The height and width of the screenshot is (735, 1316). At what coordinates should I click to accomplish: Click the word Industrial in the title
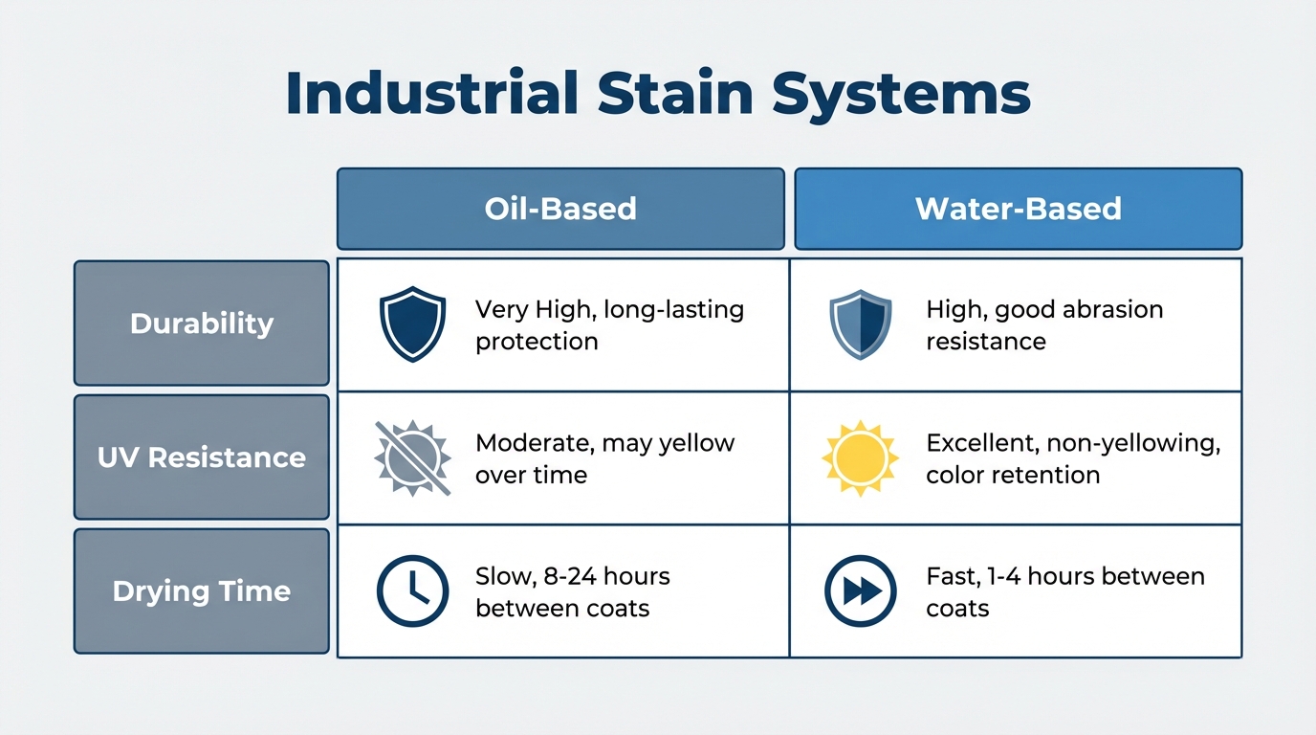432,93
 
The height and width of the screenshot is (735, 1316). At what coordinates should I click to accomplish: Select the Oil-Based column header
560,209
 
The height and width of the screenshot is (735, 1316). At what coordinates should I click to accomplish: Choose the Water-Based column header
1019,209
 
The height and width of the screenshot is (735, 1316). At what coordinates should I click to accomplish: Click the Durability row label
202,323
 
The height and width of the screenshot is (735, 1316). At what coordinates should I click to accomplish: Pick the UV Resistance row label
202,457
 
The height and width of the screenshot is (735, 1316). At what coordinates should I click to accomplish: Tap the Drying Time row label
202,590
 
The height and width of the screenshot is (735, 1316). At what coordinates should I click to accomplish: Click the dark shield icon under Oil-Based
412,324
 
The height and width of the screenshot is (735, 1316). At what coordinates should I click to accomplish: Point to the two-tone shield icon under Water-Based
861,324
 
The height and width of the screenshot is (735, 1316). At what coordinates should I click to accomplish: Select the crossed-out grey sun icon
412,458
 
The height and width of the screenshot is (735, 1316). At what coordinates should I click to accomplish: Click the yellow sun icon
861,458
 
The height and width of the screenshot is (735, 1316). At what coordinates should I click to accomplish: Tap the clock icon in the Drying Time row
412,590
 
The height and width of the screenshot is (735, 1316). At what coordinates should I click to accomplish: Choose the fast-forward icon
861,590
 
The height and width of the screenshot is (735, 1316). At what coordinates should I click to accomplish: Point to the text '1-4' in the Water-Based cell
1003,576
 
